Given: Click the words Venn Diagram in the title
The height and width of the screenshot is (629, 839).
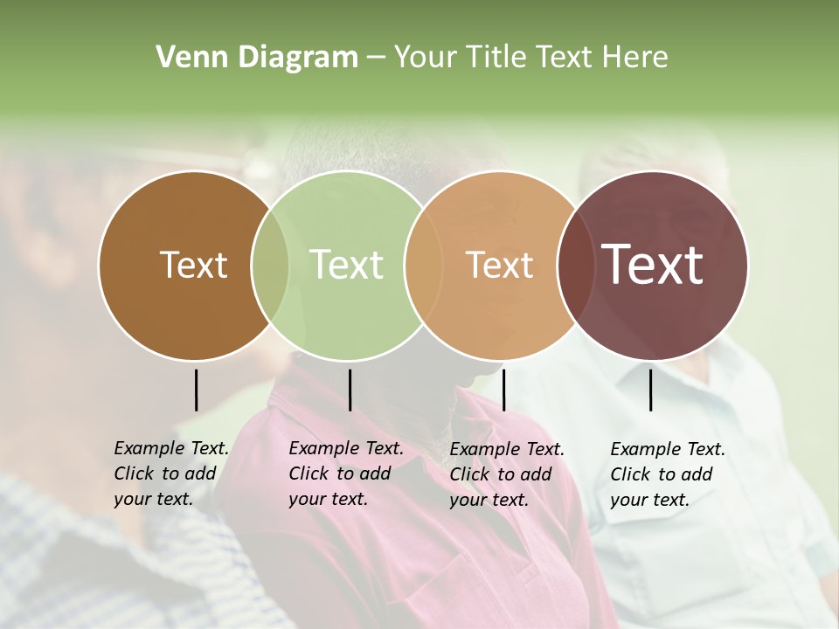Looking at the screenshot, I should coord(257,58).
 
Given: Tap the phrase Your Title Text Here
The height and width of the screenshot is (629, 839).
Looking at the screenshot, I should coord(530,58).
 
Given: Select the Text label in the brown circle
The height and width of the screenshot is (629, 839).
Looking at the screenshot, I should coord(193,265).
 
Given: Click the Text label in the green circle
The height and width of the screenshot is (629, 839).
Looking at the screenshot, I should coord(346,265).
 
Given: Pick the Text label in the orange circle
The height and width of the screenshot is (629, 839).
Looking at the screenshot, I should coord(499,265).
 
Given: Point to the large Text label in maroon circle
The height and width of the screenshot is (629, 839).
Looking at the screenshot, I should coord(652,265).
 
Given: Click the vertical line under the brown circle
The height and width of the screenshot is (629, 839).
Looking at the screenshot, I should coord(196,390).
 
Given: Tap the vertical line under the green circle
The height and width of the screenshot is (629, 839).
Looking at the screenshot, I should coord(350,390).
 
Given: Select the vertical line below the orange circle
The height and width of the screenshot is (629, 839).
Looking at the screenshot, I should coord(503,390).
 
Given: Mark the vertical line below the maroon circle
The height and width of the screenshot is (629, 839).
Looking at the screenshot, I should coord(651,390).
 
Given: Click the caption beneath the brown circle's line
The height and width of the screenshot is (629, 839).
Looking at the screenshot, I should coord(170,473).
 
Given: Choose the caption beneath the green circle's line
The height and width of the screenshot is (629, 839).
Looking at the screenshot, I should coord(345,473).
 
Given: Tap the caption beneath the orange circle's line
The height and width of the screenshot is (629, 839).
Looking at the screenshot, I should coord(506,473).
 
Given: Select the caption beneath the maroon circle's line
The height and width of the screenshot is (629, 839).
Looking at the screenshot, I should coord(667,473).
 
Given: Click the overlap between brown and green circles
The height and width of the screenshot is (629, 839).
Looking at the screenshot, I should coord(270,265).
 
